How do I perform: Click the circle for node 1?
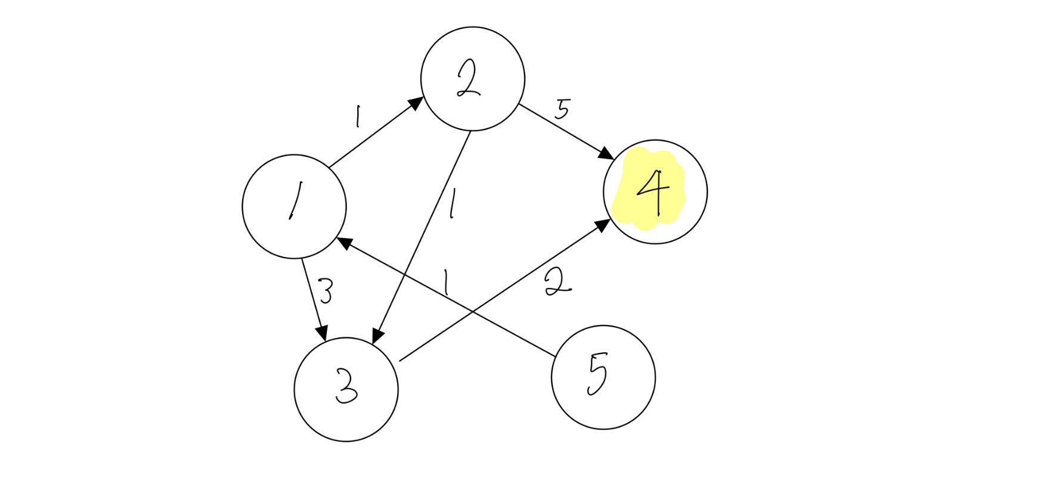[294, 206]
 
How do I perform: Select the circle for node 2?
[472, 79]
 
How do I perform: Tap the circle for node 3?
[346, 389]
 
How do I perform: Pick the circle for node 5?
[603, 377]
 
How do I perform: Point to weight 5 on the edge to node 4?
[562, 109]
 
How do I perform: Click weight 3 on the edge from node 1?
[326, 291]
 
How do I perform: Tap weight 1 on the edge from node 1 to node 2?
[357, 117]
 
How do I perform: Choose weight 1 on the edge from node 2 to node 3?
[453, 204]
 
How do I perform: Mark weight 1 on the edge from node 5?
[444, 282]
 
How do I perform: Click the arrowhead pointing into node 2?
[416, 103]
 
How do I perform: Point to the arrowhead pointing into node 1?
[344, 242]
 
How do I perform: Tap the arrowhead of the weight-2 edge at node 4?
[603, 225]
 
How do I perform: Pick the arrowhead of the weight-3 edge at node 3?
[323, 333]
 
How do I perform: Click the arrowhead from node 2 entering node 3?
[377, 336]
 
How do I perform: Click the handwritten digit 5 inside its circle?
[597, 374]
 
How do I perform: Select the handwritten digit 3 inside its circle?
[346, 386]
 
